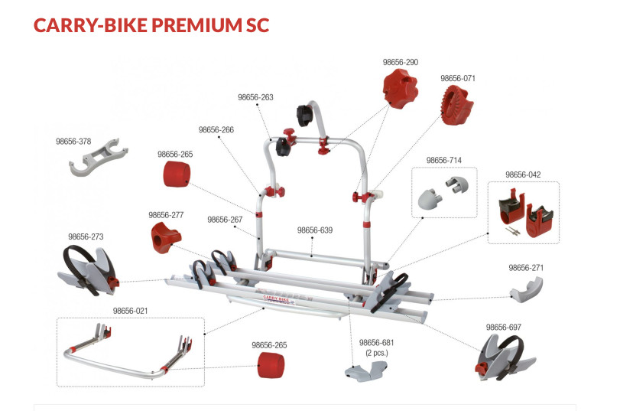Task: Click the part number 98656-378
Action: coord(73,142)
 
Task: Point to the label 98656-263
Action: coord(255,97)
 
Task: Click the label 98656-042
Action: coord(523,175)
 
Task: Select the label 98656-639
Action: coord(314,230)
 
